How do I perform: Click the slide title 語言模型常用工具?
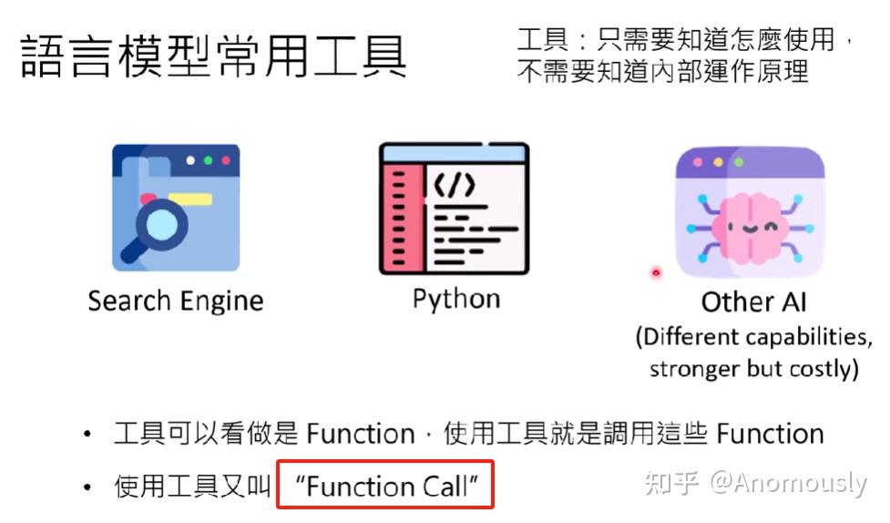(x=213, y=56)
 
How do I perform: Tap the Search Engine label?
(x=176, y=301)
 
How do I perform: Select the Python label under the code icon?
(x=455, y=299)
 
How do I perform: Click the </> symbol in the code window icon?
(x=453, y=186)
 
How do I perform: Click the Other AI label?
(x=753, y=303)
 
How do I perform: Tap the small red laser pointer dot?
(x=655, y=272)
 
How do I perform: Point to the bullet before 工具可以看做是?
(x=87, y=435)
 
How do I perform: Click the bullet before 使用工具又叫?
(x=87, y=488)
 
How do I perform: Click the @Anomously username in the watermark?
(x=788, y=483)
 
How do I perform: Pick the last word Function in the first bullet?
(x=770, y=434)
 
